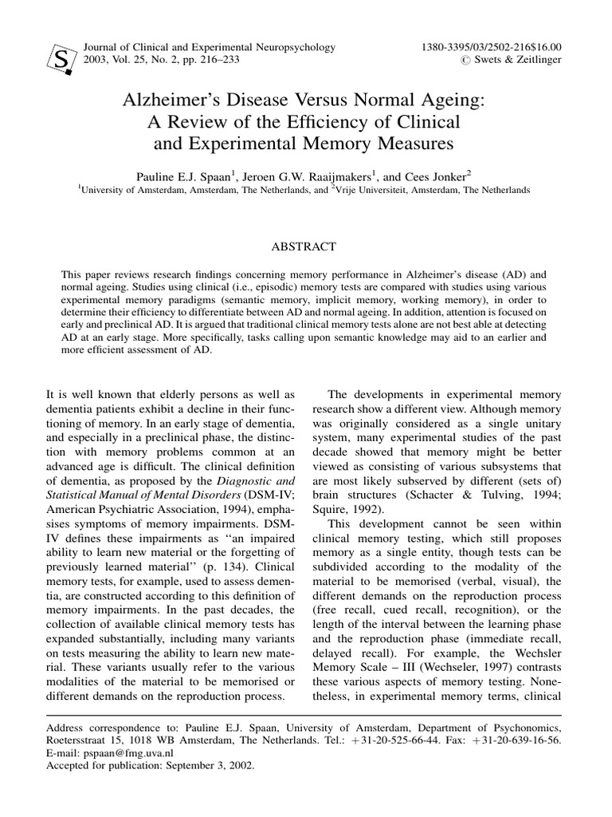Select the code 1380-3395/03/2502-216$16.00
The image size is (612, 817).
click(490, 47)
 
